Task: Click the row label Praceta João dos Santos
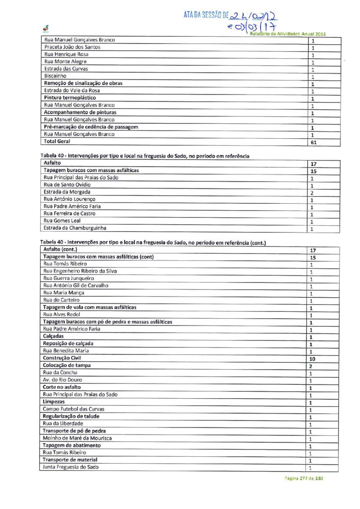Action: tap(72, 47)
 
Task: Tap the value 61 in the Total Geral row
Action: tap(313, 142)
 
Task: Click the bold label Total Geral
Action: tap(57, 142)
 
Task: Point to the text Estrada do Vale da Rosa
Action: tap(72, 90)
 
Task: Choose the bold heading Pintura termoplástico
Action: tap(70, 98)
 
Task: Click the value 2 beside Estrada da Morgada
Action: tap(312, 192)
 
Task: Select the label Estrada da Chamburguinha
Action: tap(75, 228)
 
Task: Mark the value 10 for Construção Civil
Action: tap(313, 359)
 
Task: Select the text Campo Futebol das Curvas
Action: tap(73, 410)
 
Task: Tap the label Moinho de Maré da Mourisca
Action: tap(77, 438)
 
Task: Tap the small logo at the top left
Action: tap(46, 29)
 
